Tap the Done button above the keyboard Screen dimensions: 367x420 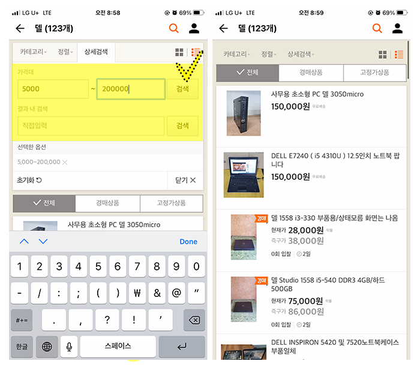(188, 242)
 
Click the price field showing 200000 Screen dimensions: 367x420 (130, 89)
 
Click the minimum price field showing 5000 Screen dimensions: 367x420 (53, 89)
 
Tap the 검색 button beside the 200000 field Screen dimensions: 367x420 (182, 89)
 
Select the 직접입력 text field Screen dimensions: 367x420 (91, 126)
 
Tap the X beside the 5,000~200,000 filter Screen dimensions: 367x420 (65, 162)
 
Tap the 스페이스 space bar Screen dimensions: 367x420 (118, 347)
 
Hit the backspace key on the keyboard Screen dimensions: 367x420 (194, 320)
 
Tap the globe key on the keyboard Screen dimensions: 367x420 (47, 347)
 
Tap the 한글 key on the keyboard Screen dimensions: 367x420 (21, 347)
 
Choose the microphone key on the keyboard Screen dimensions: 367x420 (69, 347)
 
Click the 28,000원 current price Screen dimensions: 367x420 (306, 230)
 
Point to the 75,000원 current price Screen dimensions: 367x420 (306, 301)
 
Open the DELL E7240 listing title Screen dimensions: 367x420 (335, 160)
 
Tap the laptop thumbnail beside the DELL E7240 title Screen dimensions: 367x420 (243, 175)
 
